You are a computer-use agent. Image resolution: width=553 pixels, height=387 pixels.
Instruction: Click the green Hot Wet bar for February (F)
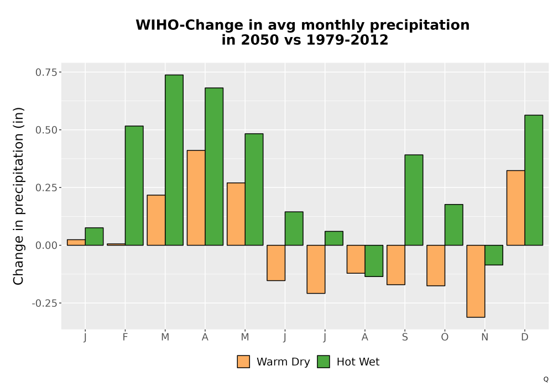pyautogui.click(x=134, y=185)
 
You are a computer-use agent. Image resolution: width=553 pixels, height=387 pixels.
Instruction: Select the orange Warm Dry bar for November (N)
pyautogui.click(x=476, y=281)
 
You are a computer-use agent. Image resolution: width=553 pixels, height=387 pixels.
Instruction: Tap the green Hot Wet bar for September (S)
pyautogui.click(x=414, y=200)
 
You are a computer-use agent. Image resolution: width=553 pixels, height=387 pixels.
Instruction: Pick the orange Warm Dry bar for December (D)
pyautogui.click(x=515, y=208)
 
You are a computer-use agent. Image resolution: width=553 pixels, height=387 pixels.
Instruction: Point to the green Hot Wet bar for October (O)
pyautogui.click(x=454, y=225)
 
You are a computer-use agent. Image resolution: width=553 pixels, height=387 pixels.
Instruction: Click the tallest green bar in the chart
pyautogui.click(x=174, y=160)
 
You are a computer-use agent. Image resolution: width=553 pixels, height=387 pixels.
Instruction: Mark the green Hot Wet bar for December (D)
pyautogui.click(x=534, y=180)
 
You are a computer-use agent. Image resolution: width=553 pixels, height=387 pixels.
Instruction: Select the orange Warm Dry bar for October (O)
pyautogui.click(x=436, y=265)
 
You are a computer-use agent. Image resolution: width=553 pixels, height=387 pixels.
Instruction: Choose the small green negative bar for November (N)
pyautogui.click(x=494, y=255)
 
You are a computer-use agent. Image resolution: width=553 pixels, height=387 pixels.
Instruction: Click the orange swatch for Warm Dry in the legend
pyautogui.click(x=243, y=362)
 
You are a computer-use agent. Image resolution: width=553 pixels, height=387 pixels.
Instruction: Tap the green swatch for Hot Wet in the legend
pyautogui.click(x=324, y=362)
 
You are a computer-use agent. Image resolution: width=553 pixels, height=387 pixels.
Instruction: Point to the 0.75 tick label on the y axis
pyautogui.click(x=46, y=72)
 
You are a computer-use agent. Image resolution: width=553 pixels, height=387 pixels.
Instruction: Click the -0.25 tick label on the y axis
pyautogui.click(x=44, y=303)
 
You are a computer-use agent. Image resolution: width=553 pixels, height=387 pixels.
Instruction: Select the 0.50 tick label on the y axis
pyautogui.click(x=46, y=130)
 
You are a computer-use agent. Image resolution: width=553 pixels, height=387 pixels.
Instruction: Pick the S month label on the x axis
pyautogui.click(x=405, y=337)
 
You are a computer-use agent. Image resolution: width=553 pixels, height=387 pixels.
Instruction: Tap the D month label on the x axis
pyautogui.click(x=525, y=337)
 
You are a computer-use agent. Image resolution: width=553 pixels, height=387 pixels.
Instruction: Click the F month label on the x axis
pyautogui.click(x=125, y=337)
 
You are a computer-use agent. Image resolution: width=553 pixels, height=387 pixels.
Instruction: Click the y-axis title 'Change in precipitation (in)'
pyautogui.click(x=18, y=196)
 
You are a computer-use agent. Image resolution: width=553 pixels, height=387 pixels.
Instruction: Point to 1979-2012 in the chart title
pyautogui.click(x=347, y=40)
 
